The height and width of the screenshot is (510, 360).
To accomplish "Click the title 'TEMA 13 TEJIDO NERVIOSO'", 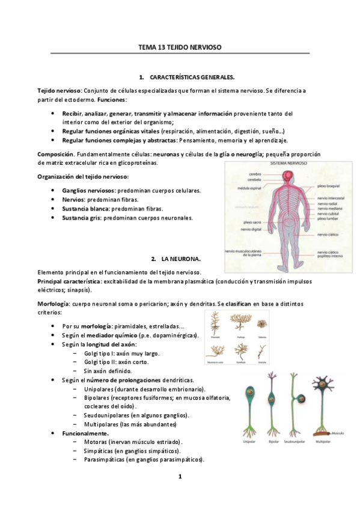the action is (x=180, y=46).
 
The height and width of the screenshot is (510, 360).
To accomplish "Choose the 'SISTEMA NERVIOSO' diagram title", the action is (x=290, y=164).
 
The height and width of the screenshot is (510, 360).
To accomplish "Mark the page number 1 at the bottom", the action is (x=180, y=477).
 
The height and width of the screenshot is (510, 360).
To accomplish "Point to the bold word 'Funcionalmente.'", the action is (x=85, y=433).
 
